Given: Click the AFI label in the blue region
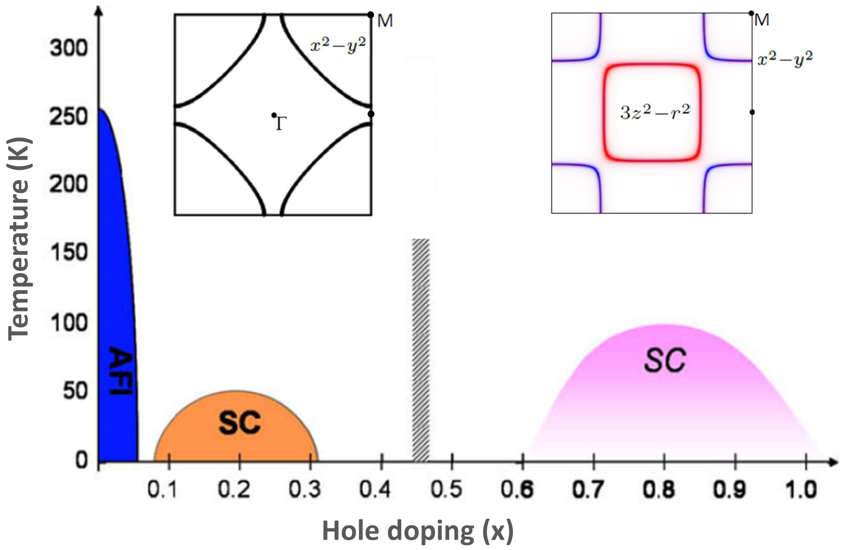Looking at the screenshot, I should point(121,371).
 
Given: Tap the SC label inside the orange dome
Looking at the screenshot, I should point(240,422).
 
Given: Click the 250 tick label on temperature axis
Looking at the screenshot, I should point(68,117).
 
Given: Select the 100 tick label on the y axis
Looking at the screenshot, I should point(68,323).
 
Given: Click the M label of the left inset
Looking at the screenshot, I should point(385,21).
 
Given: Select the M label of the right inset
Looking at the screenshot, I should point(762,20).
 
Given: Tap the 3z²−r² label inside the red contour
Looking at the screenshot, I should point(655,112).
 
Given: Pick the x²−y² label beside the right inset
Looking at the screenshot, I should point(785,59).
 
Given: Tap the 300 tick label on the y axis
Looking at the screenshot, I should point(68,48).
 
